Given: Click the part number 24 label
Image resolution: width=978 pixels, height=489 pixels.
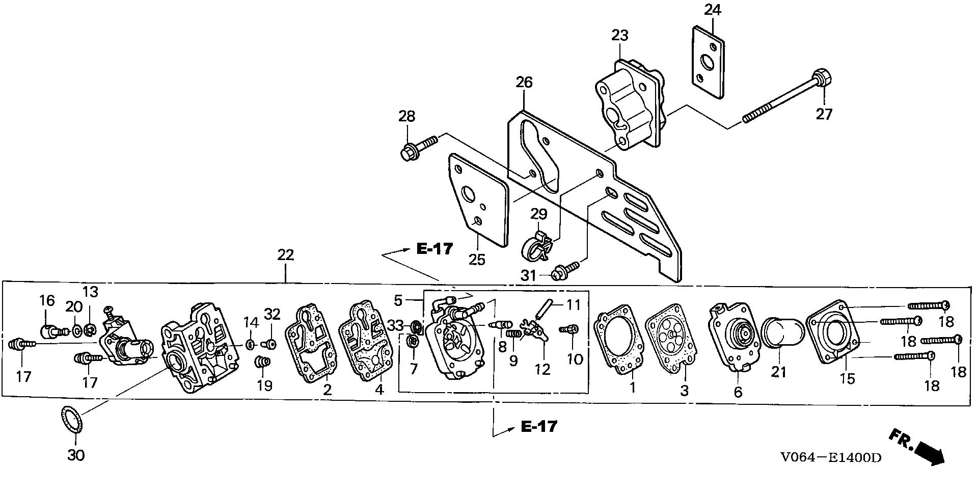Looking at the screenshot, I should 713,10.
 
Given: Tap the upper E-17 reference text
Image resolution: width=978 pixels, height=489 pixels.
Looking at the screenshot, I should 434,249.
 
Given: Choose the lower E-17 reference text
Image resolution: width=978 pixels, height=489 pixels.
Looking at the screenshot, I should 539,426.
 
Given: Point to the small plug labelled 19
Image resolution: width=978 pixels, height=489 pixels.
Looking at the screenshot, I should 262,363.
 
